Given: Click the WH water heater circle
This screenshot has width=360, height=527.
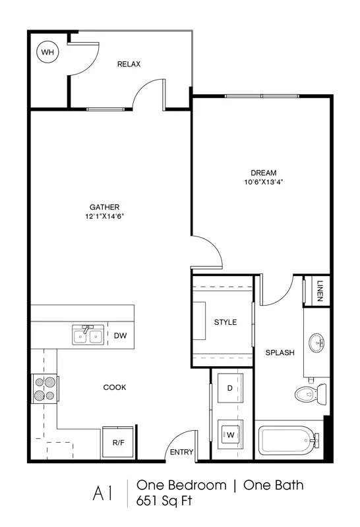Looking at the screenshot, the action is [x=47, y=52].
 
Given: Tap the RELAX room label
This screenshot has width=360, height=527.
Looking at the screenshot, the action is [x=129, y=64].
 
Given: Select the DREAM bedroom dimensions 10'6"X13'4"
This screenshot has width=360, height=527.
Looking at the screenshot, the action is [x=264, y=182].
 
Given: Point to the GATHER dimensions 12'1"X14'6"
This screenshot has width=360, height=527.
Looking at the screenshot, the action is [x=105, y=217].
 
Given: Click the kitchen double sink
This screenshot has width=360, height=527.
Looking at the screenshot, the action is [x=88, y=335].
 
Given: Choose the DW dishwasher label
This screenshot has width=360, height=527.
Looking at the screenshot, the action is [x=121, y=335].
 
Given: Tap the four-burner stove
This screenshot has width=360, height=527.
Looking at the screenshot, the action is [x=45, y=389].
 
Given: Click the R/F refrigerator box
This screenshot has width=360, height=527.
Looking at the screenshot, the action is [x=118, y=442].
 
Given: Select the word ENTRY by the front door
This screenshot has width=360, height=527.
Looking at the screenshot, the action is [x=182, y=452].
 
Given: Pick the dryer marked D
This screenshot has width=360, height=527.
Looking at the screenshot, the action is [x=230, y=388].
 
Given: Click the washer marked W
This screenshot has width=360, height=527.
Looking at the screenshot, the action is [x=230, y=435].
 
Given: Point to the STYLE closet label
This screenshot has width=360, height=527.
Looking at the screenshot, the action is [x=225, y=322].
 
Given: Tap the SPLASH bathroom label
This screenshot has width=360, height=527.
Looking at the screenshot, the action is [x=280, y=352].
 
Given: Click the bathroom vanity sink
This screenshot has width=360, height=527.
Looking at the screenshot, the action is [x=316, y=343].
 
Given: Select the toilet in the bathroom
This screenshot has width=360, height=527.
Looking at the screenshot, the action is [x=311, y=394].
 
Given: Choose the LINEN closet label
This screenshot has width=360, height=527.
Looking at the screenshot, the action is [x=320, y=291].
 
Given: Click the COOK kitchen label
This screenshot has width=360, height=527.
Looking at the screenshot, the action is [x=115, y=387].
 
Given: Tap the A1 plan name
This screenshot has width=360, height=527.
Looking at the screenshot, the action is [x=102, y=493].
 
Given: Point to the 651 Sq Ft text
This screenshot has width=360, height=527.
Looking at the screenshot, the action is [x=164, y=501].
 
